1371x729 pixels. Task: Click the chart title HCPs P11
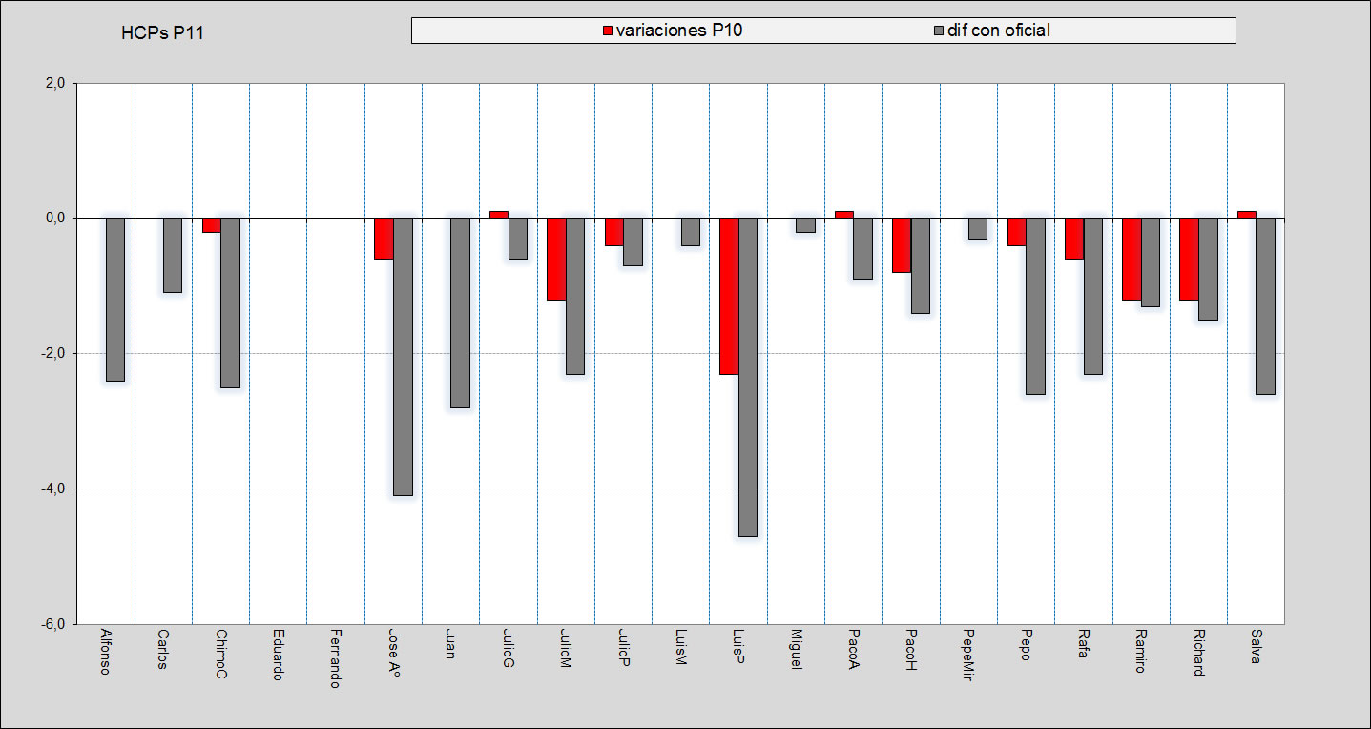click(162, 33)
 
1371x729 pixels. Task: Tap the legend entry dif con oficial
click(998, 31)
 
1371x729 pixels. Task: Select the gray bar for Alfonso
click(115, 300)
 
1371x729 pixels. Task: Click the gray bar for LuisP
click(748, 377)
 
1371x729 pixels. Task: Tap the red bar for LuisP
click(729, 296)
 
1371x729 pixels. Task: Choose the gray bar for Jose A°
click(403, 357)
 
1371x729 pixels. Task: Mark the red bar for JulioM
click(556, 259)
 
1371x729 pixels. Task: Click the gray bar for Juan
click(460, 313)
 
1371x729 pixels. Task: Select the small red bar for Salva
click(1246, 214)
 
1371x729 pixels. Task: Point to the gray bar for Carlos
click(173, 255)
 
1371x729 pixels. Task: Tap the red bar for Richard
click(1189, 259)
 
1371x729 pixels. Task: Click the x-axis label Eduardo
click(277, 655)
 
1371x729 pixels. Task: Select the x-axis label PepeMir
click(968, 655)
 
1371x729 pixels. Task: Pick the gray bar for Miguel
click(805, 225)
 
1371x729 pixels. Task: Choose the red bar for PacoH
click(902, 245)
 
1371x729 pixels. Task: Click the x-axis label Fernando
click(335, 657)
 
